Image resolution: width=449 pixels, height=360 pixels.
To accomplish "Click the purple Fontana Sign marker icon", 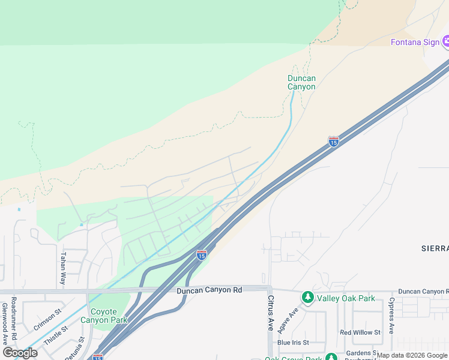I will coord(446,41).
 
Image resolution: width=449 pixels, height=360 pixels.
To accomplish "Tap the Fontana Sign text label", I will coord(415,42).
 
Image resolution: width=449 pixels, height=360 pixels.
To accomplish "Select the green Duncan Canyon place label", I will coord(301,82).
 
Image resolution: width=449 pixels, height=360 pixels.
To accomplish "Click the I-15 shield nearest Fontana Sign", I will coord(334,141).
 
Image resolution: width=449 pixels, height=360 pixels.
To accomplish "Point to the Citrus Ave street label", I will coord(271,313).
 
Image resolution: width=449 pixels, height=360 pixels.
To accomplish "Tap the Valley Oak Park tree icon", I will coord(307,297).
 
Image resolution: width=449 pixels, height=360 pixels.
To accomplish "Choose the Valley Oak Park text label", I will coord(345,298).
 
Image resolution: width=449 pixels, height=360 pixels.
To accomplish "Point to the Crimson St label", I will coord(48,320).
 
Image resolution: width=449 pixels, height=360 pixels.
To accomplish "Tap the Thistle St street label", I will coord(55,334).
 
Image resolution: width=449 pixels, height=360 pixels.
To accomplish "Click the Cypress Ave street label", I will coord(391,315).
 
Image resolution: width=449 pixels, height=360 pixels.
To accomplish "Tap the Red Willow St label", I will coord(360,332).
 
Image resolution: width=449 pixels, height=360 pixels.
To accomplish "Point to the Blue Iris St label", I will coord(292,343).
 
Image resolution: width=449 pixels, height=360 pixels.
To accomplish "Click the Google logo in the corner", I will coord(20,352).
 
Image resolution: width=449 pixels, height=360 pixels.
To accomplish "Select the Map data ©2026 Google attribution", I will coord(412,356).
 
